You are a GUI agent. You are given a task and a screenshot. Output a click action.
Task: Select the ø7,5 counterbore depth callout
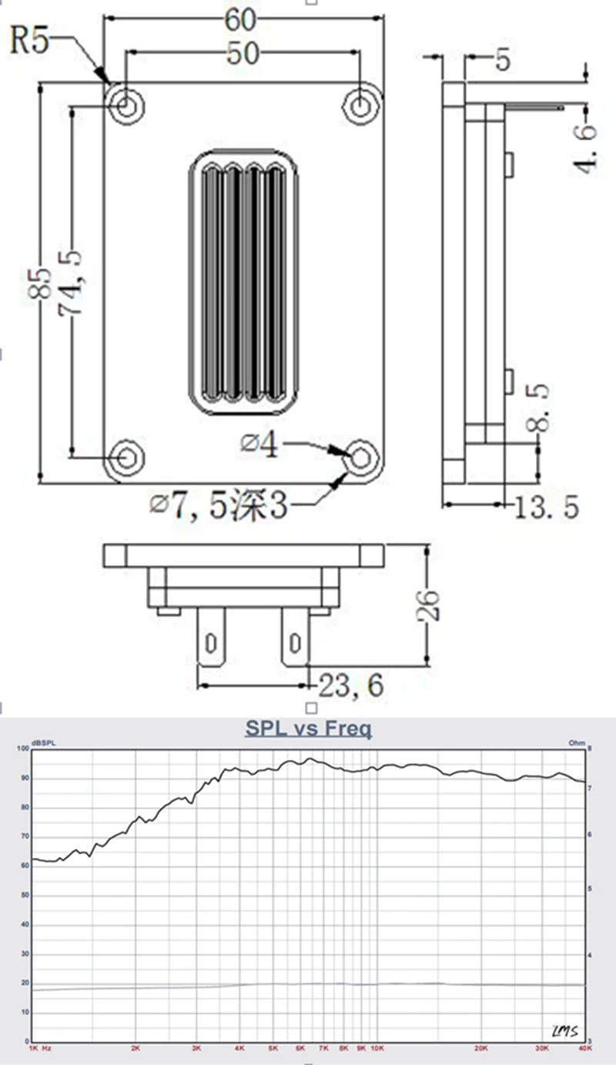coord(219,505)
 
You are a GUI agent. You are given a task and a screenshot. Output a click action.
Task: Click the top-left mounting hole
coord(126,105)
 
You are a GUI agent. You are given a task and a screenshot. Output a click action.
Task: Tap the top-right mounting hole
coord(360,105)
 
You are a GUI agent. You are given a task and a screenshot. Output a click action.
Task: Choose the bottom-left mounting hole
coord(126,456)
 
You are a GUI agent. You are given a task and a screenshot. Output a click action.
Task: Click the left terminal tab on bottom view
coord(212,638)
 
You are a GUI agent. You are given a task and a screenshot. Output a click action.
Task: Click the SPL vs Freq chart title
coord(308,728)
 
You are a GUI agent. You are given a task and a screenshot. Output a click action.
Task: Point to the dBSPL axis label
coord(44,743)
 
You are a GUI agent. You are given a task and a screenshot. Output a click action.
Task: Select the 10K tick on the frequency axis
coord(377,1048)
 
